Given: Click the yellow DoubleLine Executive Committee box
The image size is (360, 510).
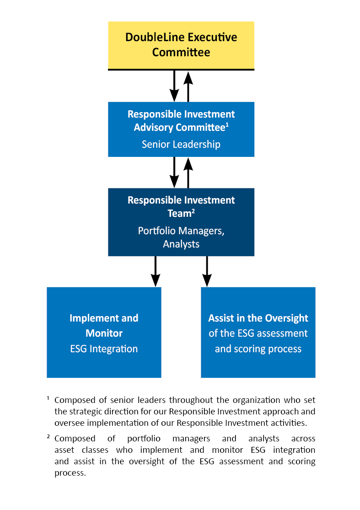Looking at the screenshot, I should click(181, 45).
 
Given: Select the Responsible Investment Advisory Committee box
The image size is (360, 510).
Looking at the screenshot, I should click(181, 129).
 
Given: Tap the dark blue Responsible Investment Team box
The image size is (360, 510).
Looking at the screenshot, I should click(181, 222).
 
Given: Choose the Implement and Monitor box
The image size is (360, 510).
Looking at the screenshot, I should click(104, 333).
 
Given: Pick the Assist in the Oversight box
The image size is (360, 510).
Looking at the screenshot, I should click(258, 333).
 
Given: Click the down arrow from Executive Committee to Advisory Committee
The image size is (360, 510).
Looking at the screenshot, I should click(174, 86).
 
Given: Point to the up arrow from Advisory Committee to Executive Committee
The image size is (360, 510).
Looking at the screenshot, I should click(188, 86).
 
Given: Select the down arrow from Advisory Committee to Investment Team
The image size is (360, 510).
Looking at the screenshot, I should click(174, 172).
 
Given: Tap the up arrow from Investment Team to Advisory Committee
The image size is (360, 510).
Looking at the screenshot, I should click(188, 172).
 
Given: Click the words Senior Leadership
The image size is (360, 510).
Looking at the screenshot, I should click(181, 145).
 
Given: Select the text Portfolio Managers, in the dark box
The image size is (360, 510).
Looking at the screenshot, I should click(181, 231).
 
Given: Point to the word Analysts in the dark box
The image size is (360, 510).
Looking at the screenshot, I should click(181, 244).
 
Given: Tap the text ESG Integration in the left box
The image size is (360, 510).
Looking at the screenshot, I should click(104, 349).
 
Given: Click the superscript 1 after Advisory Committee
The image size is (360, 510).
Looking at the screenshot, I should click(227, 124).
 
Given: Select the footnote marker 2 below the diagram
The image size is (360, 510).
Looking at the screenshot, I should click(48, 437).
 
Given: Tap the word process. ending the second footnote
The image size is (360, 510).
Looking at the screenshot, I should click(70, 473).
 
